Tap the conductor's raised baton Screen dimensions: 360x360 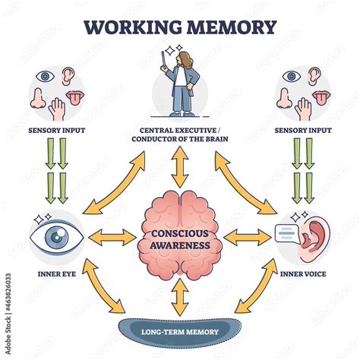click(x=163, y=60)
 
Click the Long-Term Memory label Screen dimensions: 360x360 click(x=180, y=332)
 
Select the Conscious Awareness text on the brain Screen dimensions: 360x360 click(x=180, y=239)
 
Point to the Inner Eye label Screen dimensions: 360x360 click(x=57, y=274)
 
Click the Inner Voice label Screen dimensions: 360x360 click(x=303, y=274)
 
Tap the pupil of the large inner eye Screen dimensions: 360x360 click(x=55, y=237)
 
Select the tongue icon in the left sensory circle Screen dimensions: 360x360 click(x=75, y=97)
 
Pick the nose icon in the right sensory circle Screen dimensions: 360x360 click(x=284, y=98)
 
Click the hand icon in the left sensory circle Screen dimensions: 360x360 click(x=57, y=109)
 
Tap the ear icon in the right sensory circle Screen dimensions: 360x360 click(x=314, y=76)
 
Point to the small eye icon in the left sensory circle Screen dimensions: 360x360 click(x=45, y=76)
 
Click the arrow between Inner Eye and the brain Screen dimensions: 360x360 click(x=112, y=237)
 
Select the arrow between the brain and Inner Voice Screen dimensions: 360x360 click(x=248, y=237)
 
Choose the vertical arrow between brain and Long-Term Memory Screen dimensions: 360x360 click(x=180, y=297)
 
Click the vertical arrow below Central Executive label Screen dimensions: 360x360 click(x=180, y=167)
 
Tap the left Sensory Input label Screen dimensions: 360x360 click(x=57, y=131)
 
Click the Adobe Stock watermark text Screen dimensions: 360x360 click(x=8, y=314)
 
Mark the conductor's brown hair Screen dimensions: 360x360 click(x=187, y=60)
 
